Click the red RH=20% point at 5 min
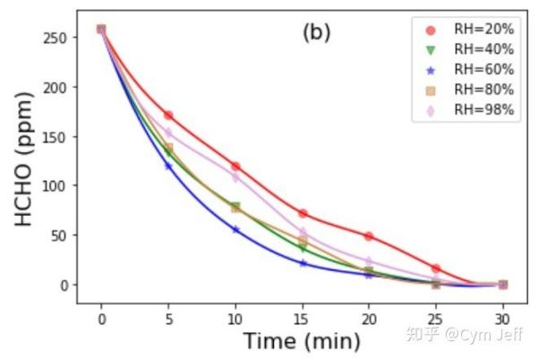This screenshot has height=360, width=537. [168, 116]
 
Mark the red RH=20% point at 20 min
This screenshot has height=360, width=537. [369, 236]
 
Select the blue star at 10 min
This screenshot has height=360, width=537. [235, 229]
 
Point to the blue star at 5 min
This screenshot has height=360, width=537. [168, 166]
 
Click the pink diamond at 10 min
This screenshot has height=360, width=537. [235, 177]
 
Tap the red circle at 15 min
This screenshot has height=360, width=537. [303, 213]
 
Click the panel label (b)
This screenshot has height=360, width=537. [316, 33]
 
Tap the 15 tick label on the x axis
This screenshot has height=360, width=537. [303, 318]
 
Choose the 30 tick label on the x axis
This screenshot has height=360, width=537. [503, 318]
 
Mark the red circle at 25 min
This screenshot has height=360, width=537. [436, 269]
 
